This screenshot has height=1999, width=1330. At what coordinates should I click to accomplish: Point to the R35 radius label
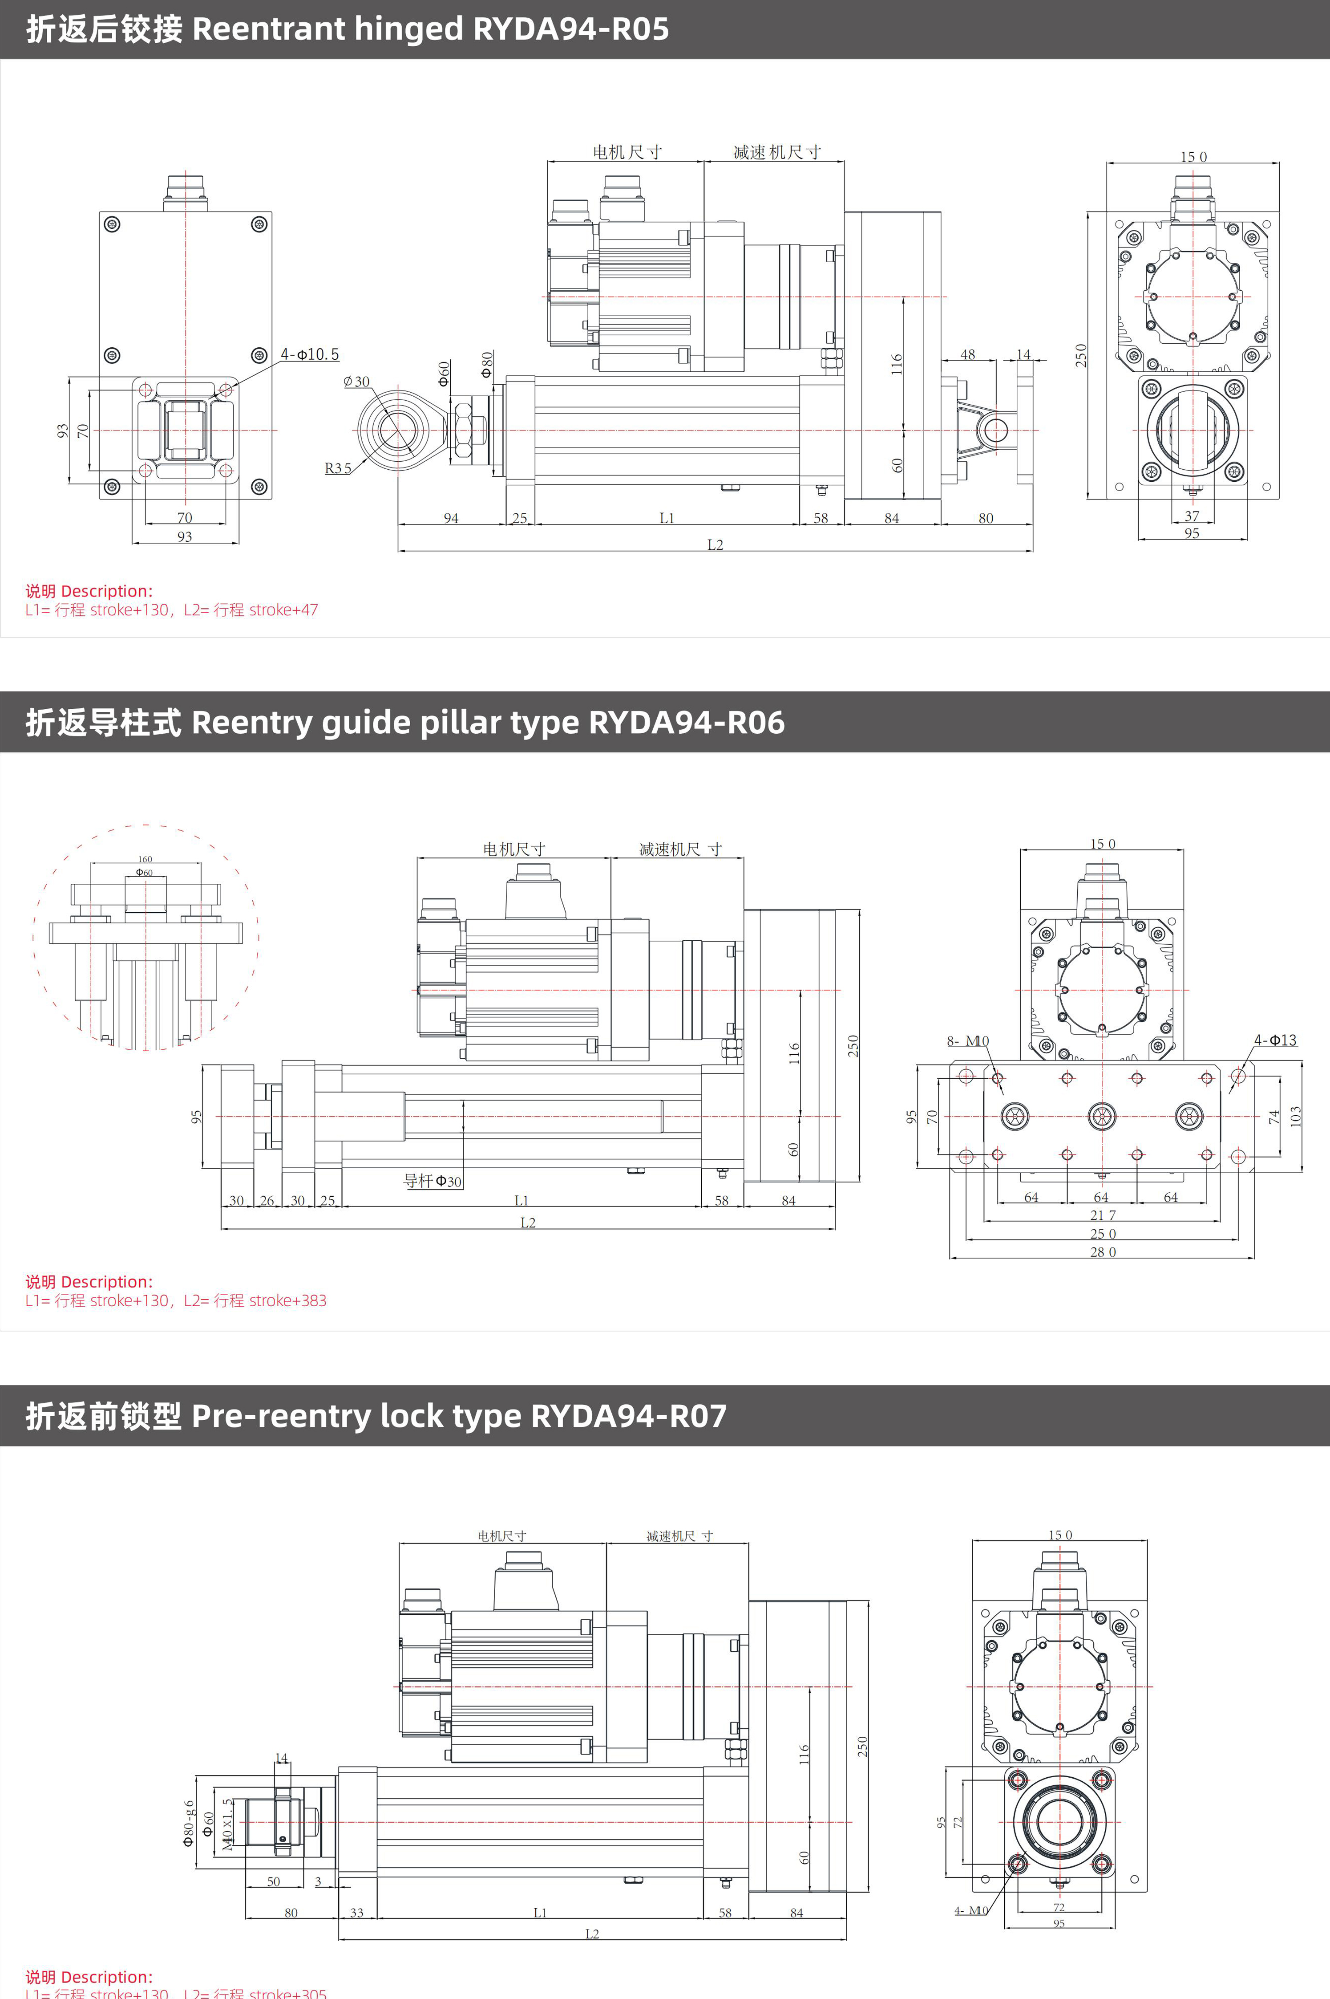point(338,468)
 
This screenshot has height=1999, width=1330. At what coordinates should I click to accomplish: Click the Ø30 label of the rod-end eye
point(356,382)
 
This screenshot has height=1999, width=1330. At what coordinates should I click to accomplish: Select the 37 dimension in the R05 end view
point(1192,516)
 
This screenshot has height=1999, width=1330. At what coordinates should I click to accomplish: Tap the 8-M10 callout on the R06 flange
point(968,1041)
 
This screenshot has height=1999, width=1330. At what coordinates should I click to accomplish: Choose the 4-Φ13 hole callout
point(1275,1040)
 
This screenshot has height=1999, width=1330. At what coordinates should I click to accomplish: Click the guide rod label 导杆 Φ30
point(433,1181)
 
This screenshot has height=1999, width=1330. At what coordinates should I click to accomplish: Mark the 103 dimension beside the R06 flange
point(1295,1116)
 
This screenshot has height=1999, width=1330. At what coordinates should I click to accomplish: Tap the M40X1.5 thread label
point(226,1824)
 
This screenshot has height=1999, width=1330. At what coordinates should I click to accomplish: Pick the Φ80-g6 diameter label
point(188,1824)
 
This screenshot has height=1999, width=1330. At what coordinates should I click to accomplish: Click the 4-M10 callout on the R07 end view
point(970,1911)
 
